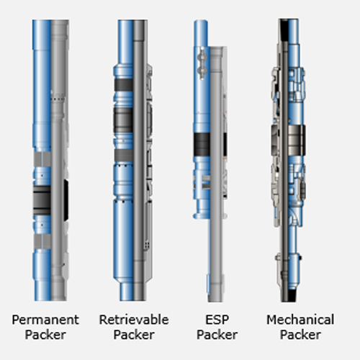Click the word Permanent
tap(45, 320)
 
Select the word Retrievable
tap(134, 320)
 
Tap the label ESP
tap(217, 320)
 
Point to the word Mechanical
tap(300, 320)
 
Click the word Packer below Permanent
tap(45, 335)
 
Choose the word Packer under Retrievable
tap(134, 335)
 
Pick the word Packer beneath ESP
tap(217, 335)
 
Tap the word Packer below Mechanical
tap(300, 335)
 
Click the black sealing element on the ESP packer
tap(202, 144)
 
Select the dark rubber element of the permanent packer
tap(42, 200)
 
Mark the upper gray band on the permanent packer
tap(42, 159)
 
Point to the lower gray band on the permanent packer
tap(42, 241)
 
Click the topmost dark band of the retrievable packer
tap(124, 85)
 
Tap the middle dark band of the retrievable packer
tap(123, 120)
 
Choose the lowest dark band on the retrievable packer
tap(124, 156)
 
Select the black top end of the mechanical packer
tap(284, 30)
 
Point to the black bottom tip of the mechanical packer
tap(292, 296)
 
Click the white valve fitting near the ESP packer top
tap(202, 63)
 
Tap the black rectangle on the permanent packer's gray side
tap(66, 200)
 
